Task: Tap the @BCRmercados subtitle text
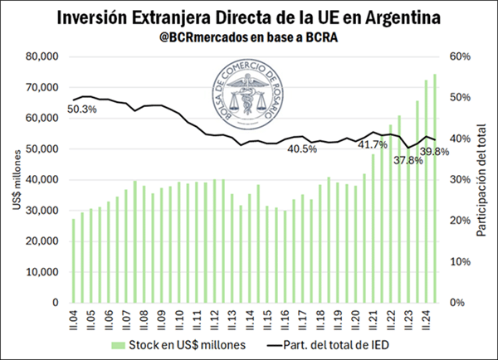(x=248, y=37)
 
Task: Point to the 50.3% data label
(x=82, y=109)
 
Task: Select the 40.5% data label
(x=302, y=149)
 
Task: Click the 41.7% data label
(x=373, y=145)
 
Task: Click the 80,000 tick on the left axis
(x=41, y=56)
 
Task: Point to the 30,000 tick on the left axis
(x=41, y=211)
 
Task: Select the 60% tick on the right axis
(x=461, y=56)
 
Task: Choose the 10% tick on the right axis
(x=461, y=262)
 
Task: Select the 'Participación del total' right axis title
(x=482, y=179)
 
